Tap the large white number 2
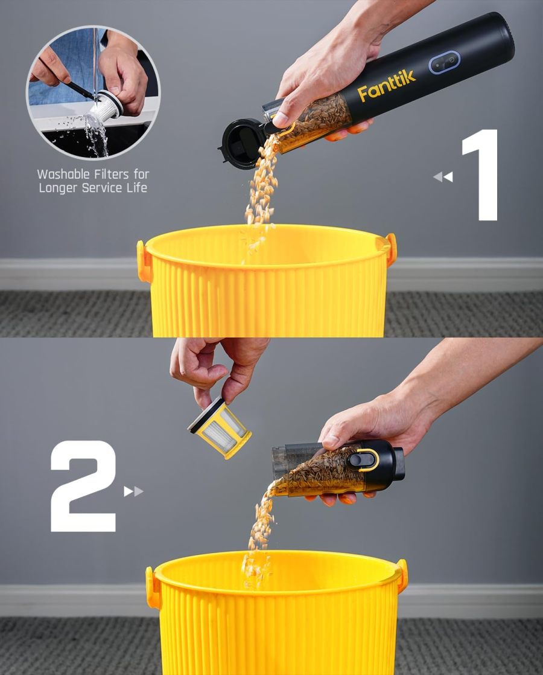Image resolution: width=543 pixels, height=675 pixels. click(83, 486)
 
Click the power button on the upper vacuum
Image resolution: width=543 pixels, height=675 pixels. click(444, 63)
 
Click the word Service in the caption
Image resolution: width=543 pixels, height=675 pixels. click(101, 188)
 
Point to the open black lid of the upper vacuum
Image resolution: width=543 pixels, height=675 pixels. click(241, 143)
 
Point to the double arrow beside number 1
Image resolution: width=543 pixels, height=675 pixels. click(443, 177)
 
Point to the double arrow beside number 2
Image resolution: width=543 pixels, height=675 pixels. click(133, 491)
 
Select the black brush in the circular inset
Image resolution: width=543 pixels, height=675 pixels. click(79, 90)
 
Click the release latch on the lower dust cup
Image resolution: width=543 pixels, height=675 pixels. click(363, 459)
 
